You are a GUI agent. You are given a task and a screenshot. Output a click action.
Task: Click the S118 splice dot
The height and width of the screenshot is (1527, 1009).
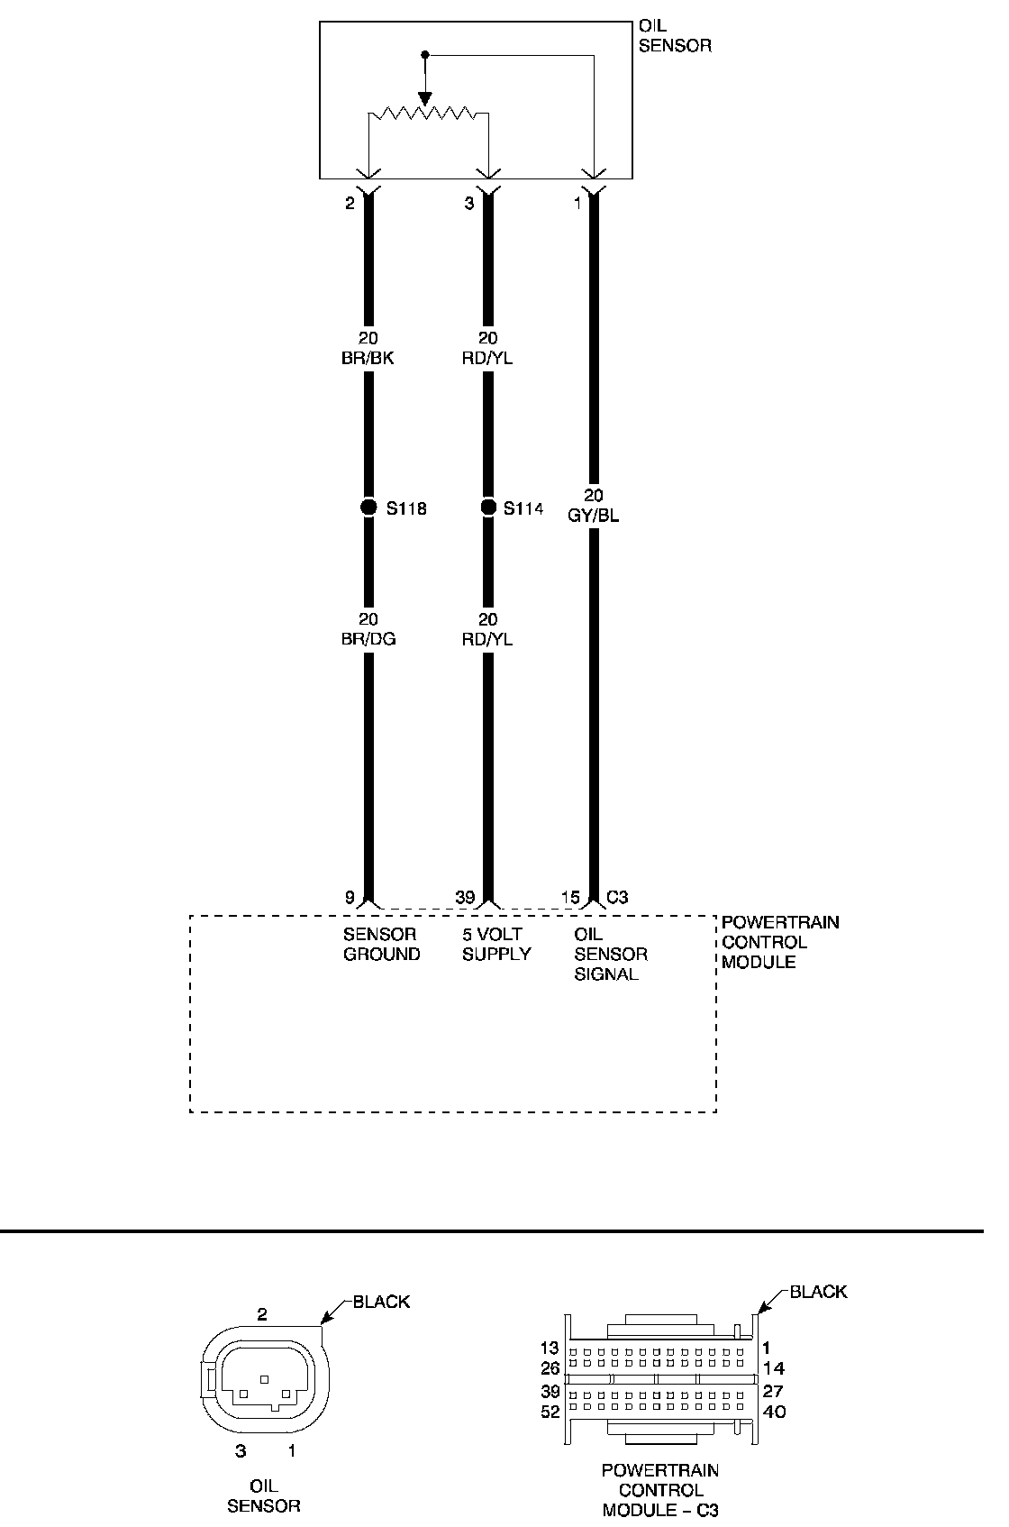[368, 507]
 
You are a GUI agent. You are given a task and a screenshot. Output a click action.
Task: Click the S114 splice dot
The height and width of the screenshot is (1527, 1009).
[488, 507]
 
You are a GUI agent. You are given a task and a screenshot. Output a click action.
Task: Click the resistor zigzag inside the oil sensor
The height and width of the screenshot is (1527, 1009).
[427, 114]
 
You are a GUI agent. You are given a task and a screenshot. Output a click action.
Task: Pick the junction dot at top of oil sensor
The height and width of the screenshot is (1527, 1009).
[426, 56]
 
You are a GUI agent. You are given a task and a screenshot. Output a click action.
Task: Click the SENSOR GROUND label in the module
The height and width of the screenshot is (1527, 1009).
[381, 944]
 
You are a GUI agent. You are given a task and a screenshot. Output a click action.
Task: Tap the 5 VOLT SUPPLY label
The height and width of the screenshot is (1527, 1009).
[496, 944]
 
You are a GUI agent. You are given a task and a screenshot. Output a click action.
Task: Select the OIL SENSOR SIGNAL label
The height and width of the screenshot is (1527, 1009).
[610, 954]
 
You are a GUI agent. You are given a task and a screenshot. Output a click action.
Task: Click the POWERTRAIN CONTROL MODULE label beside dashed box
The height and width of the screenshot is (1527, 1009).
[779, 942]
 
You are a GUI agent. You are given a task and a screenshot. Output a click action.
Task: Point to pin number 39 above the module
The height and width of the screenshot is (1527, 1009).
[465, 897]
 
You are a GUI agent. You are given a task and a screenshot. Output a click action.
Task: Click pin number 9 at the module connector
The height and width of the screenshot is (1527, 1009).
[350, 897]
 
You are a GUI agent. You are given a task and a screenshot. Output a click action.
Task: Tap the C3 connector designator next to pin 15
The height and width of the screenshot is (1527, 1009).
[617, 897]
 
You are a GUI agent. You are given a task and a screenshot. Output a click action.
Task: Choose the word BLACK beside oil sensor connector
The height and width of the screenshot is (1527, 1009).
[381, 1302]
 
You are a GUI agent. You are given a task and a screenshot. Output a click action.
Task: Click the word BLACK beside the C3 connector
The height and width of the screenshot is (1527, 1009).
[818, 1292]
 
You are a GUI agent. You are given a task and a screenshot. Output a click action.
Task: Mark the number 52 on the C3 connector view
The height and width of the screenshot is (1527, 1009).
[550, 1413]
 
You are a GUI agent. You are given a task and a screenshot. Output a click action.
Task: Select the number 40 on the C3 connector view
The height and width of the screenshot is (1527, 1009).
[773, 1412]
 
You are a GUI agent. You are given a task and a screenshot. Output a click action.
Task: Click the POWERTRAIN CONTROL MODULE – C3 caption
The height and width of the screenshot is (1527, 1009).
[660, 1490]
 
